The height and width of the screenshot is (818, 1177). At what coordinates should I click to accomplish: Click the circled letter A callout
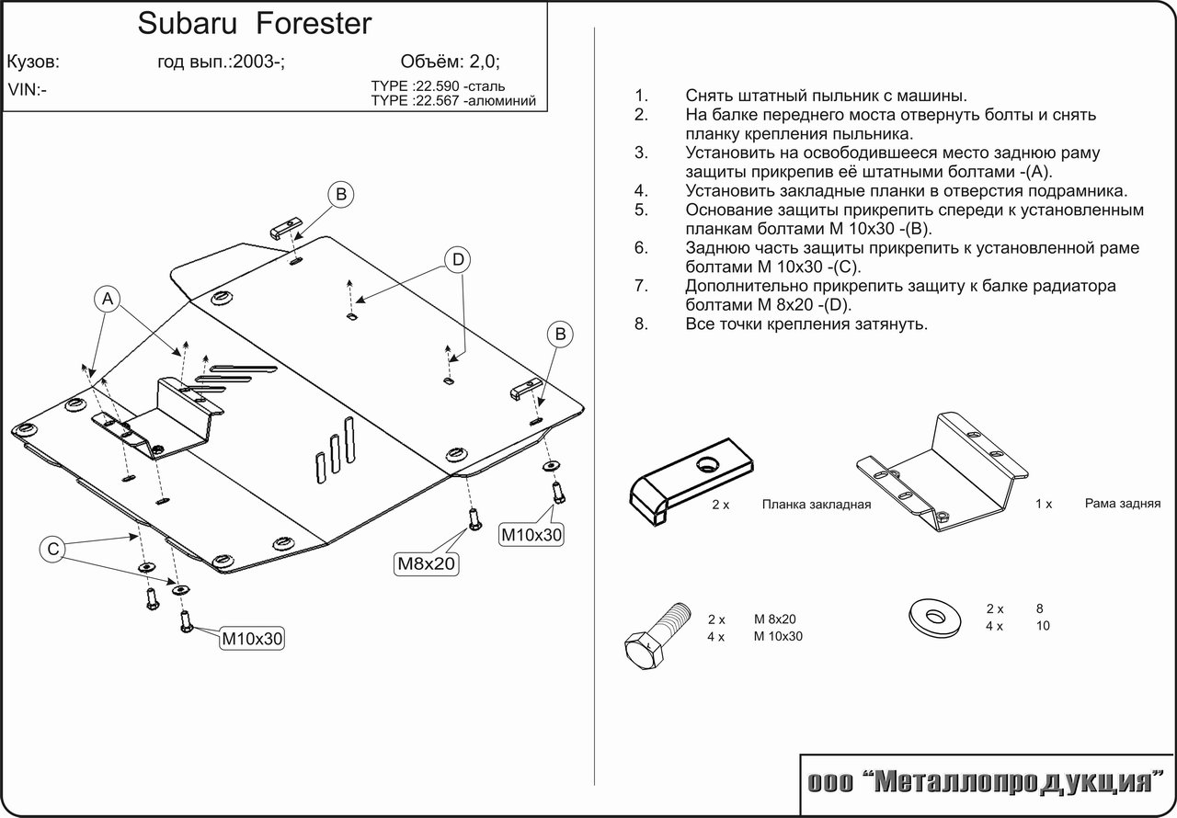coord(108,299)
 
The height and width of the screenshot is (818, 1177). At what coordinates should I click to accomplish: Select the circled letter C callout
coord(53,550)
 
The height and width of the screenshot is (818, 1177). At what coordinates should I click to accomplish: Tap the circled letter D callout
coord(458,260)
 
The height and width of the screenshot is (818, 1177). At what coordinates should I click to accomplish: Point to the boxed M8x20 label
coord(427,563)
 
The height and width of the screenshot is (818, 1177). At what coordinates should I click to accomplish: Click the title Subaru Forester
coord(255,23)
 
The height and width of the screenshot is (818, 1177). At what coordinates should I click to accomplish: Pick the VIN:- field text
coord(28,90)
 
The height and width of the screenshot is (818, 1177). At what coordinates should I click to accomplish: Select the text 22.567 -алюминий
coord(474,101)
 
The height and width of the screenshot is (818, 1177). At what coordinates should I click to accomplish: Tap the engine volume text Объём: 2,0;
coord(451,62)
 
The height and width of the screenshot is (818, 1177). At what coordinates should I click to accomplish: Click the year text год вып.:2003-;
coord(222,62)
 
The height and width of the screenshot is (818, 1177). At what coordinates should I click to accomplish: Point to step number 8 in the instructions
coord(641,324)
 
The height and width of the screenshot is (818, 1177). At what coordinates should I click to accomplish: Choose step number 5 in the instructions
coord(641,210)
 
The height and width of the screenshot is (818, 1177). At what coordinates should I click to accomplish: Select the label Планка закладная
coord(816,505)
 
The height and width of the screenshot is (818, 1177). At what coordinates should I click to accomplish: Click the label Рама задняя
coord(1122,503)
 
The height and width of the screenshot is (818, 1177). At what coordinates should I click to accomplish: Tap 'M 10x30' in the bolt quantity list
coord(778,636)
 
